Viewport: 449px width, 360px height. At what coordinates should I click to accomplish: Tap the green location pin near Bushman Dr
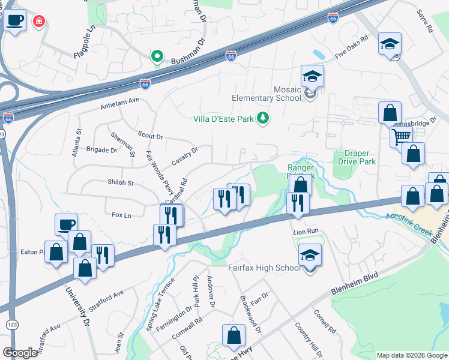(x=157, y=57)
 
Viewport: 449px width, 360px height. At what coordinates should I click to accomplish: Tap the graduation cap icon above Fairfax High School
(x=310, y=255)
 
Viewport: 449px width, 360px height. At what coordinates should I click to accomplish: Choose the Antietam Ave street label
(x=120, y=104)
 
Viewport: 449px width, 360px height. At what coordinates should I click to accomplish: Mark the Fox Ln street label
(x=121, y=214)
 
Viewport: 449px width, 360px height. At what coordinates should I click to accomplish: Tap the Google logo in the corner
(x=20, y=353)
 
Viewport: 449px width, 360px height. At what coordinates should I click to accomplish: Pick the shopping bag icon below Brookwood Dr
(x=234, y=335)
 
